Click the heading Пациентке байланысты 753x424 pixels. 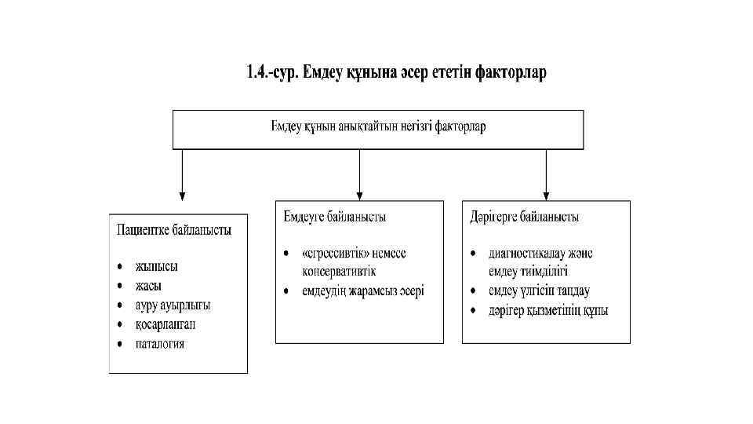(x=173, y=231)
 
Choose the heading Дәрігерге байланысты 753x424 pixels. (x=525, y=217)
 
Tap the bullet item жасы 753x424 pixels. (x=148, y=287)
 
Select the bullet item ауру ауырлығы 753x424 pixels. (x=173, y=305)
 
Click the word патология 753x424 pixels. (x=160, y=343)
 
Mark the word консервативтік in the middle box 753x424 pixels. (x=339, y=272)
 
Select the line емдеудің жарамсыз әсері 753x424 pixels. (x=363, y=291)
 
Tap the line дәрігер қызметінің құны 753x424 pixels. (x=548, y=310)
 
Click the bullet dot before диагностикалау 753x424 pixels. (x=473, y=254)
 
